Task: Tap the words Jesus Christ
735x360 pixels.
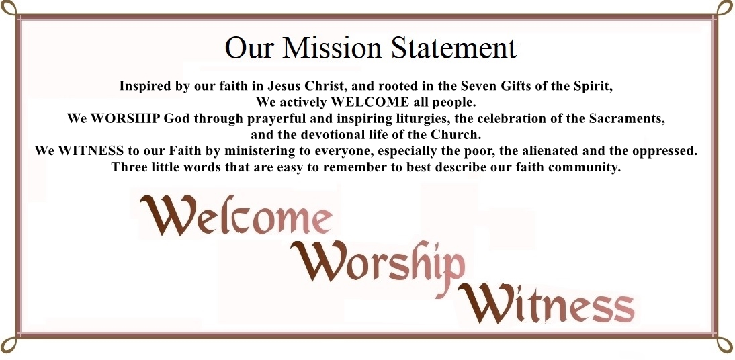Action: tap(300, 86)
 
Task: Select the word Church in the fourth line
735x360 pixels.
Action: tap(458, 135)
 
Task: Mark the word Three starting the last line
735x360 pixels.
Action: tap(128, 167)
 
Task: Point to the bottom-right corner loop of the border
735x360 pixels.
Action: tap(726, 345)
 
